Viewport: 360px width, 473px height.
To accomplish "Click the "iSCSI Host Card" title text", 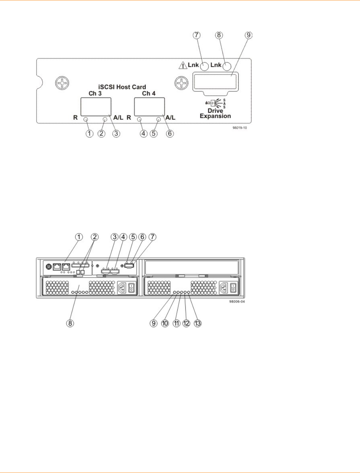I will tap(122, 87).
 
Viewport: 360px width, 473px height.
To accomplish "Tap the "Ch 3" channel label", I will tap(95, 93).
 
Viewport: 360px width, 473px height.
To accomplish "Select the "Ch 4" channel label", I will tap(149, 93).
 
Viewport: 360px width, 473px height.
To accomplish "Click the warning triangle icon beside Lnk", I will tap(183, 66).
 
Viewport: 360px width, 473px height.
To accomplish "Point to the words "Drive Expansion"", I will tap(215, 113).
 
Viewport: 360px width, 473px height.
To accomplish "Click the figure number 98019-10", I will tap(240, 128).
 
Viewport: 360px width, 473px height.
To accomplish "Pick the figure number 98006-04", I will tap(237, 302).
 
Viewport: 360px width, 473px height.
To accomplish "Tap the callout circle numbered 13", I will tap(198, 323).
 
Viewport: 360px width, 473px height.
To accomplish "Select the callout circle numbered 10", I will tap(165, 323).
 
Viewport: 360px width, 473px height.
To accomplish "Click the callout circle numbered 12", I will tap(186, 323).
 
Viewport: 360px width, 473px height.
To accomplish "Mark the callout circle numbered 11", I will tap(176, 323).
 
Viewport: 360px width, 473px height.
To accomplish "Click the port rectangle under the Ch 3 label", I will tap(96, 107).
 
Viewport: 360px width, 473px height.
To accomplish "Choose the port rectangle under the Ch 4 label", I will tap(150, 107).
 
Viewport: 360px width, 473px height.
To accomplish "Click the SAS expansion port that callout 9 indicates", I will tap(215, 81).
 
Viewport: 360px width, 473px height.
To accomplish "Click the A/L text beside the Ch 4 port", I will tap(170, 117).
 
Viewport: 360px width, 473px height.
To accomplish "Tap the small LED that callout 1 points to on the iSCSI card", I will tap(86, 119).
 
